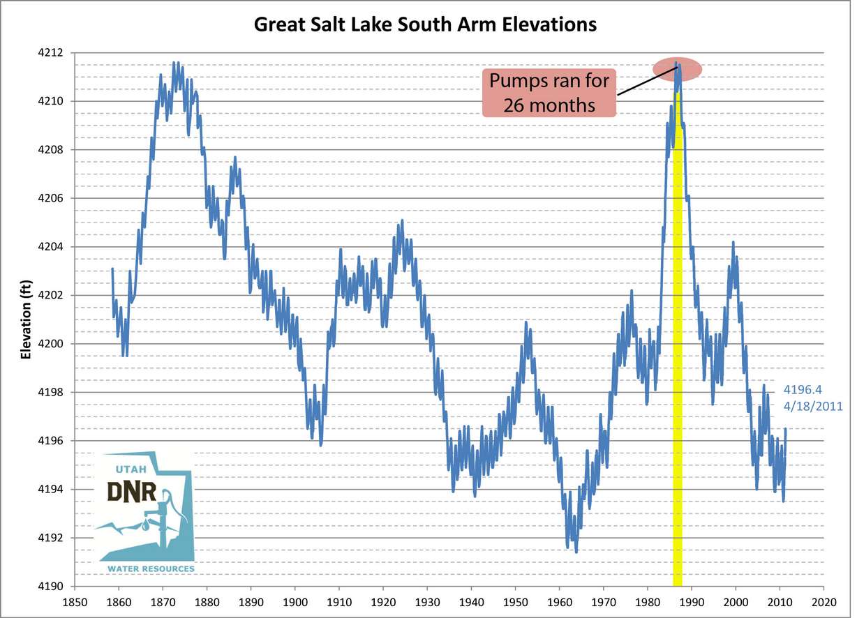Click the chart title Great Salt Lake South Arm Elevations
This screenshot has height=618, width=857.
coord(424,24)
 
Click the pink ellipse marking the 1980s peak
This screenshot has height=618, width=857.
coord(677,68)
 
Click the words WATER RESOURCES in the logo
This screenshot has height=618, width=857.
coord(150,569)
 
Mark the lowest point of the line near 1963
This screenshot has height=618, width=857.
coord(576,552)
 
